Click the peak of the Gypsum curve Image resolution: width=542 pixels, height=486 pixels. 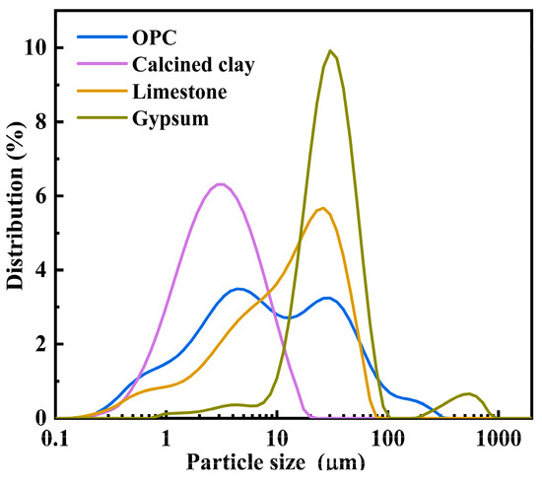tap(331, 51)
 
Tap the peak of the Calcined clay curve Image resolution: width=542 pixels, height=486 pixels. tap(220, 184)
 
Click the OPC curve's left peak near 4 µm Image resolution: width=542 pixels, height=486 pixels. tap(238, 289)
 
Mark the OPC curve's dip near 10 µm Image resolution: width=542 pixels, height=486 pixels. tap(286, 317)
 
